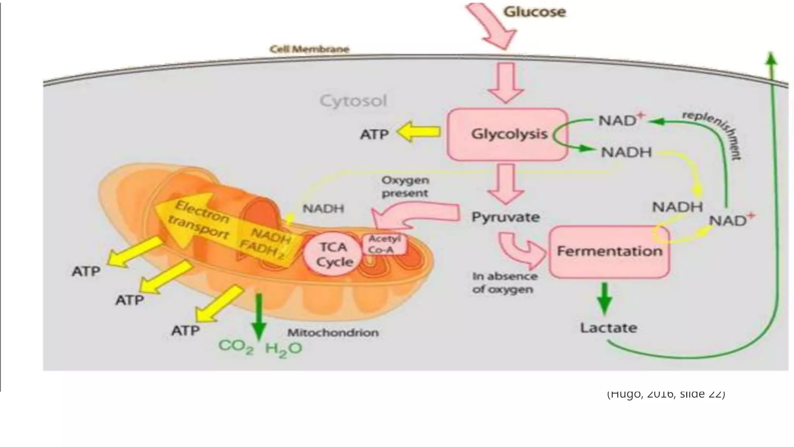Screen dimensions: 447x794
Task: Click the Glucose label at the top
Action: (x=534, y=12)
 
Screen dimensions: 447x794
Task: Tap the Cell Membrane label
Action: (x=309, y=49)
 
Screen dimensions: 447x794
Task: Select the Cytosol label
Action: (x=353, y=101)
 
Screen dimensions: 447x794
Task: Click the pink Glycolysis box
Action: (x=508, y=134)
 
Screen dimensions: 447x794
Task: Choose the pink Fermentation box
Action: (x=609, y=252)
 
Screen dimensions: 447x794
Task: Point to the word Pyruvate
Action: (x=505, y=217)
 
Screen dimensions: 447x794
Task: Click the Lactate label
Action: (x=608, y=328)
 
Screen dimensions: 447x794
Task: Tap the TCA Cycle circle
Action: (x=334, y=255)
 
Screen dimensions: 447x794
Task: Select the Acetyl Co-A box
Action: (x=384, y=244)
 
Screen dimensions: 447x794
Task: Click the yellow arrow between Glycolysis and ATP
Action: (x=419, y=132)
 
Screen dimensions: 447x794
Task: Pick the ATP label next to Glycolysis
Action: (x=374, y=135)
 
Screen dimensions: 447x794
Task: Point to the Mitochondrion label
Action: (x=333, y=333)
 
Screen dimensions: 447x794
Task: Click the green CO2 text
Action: (x=236, y=347)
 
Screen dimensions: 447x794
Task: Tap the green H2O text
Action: (x=283, y=349)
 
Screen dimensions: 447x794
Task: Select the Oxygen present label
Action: (x=405, y=187)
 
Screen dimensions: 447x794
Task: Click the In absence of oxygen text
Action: (x=504, y=283)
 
